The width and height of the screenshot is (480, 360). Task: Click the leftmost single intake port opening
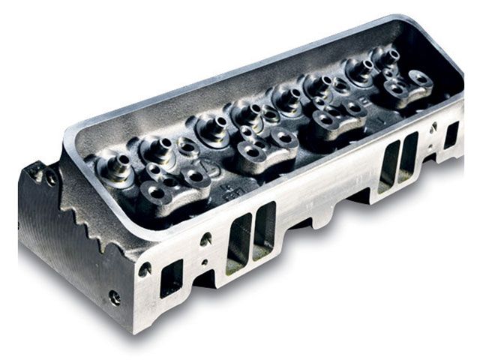pos(171,278)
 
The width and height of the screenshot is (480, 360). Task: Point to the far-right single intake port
pos(451,135)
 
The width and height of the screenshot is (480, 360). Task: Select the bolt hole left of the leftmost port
pos(145,268)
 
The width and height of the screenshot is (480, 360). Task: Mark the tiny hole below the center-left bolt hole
pos(204,262)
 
